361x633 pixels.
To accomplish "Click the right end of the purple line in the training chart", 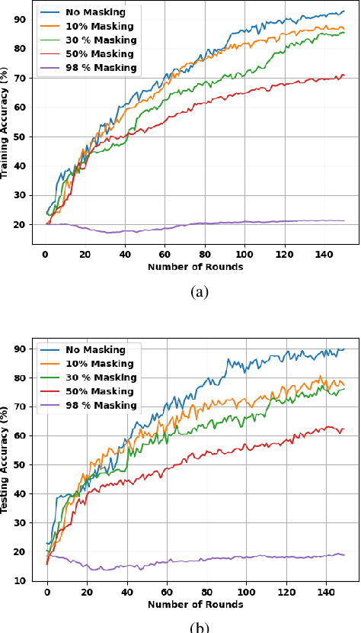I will point(344,220).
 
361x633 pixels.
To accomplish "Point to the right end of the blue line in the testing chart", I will point(344,349).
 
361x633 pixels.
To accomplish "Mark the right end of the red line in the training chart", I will point(344,75).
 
